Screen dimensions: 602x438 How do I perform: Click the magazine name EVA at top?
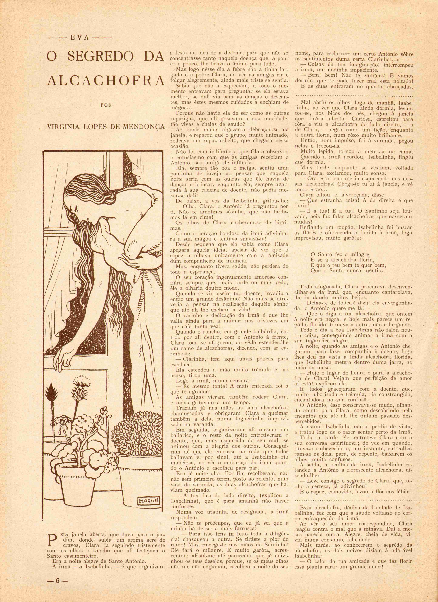pyautogui.click(x=79, y=38)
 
